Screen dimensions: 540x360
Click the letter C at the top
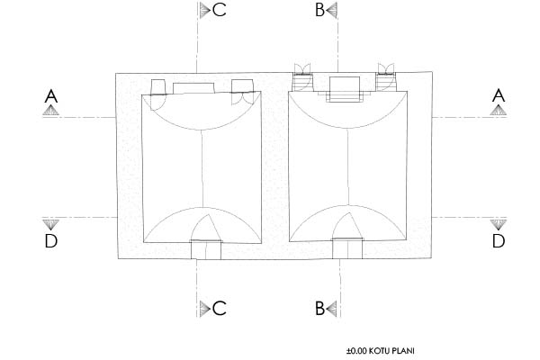(220, 10)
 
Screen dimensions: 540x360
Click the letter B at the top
(319, 10)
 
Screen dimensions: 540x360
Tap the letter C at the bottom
(220, 308)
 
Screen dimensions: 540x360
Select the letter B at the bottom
(319, 308)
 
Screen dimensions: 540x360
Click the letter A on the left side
(51, 96)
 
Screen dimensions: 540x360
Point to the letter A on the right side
(499, 95)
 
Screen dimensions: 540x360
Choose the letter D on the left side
(51, 241)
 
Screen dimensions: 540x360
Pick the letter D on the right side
(499, 241)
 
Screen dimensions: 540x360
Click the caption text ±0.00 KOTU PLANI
(380, 351)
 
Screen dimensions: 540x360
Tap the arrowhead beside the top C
(205, 10)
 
